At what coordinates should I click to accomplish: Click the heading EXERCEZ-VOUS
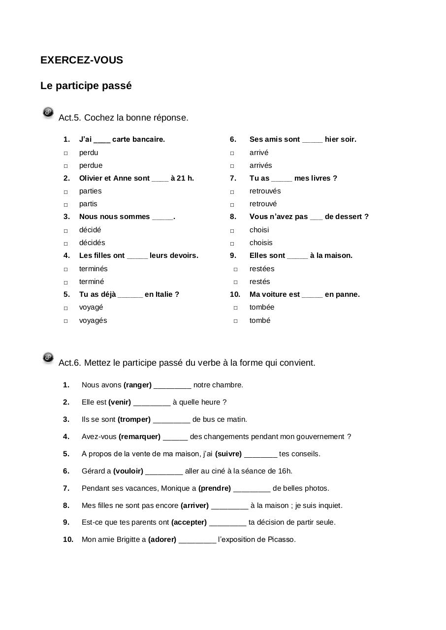(x=82, y=60)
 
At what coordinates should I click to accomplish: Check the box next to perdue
(x=65, y=166)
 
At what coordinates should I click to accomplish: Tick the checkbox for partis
(x=65, y=204)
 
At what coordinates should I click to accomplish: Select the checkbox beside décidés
(x=65, y=243)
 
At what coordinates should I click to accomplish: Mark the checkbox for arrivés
(x=232, y=166)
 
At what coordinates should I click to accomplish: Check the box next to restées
(x=235, y=269)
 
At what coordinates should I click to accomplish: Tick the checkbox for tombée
(x=235, y=308)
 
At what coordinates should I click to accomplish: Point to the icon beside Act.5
(x=48, y=113)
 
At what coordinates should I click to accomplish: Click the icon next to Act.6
(x=48, y=358)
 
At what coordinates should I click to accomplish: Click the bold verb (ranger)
(x=137, y=385)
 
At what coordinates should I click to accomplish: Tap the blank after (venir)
(x=152, y=403)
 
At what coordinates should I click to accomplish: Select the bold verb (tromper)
(x=134, y=419)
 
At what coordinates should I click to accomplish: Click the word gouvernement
(x=319, y=437)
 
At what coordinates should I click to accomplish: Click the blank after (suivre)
(x=260, y=454)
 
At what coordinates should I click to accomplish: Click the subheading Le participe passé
(x=86, y=86)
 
